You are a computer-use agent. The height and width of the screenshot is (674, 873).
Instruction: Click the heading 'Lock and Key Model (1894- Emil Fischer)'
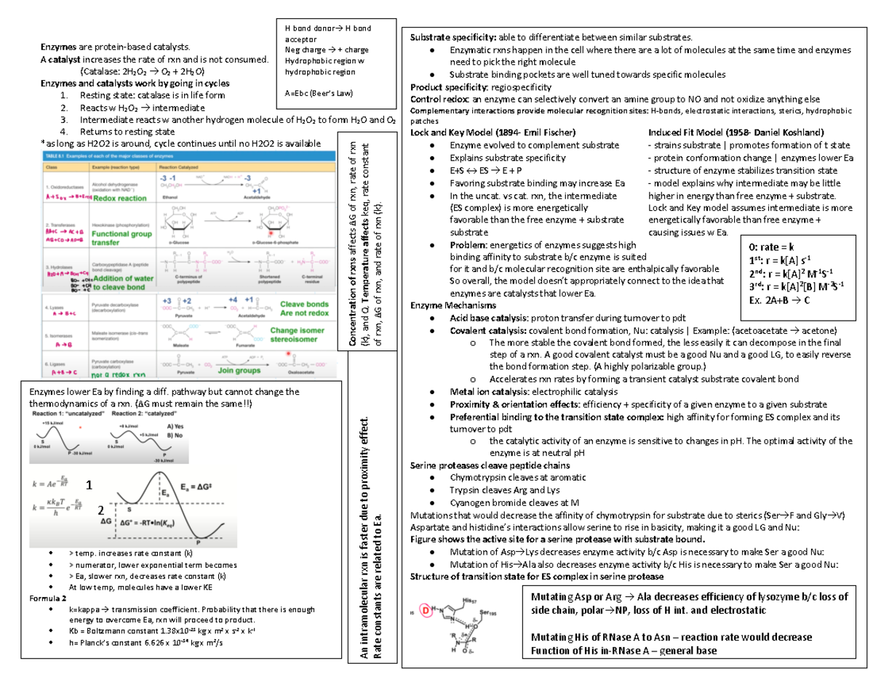click(x=493, y=132)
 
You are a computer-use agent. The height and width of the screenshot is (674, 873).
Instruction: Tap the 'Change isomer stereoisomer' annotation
click(x=301, y=334)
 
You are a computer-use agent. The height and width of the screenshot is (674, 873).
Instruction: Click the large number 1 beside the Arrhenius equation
click(x=88, y=485)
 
